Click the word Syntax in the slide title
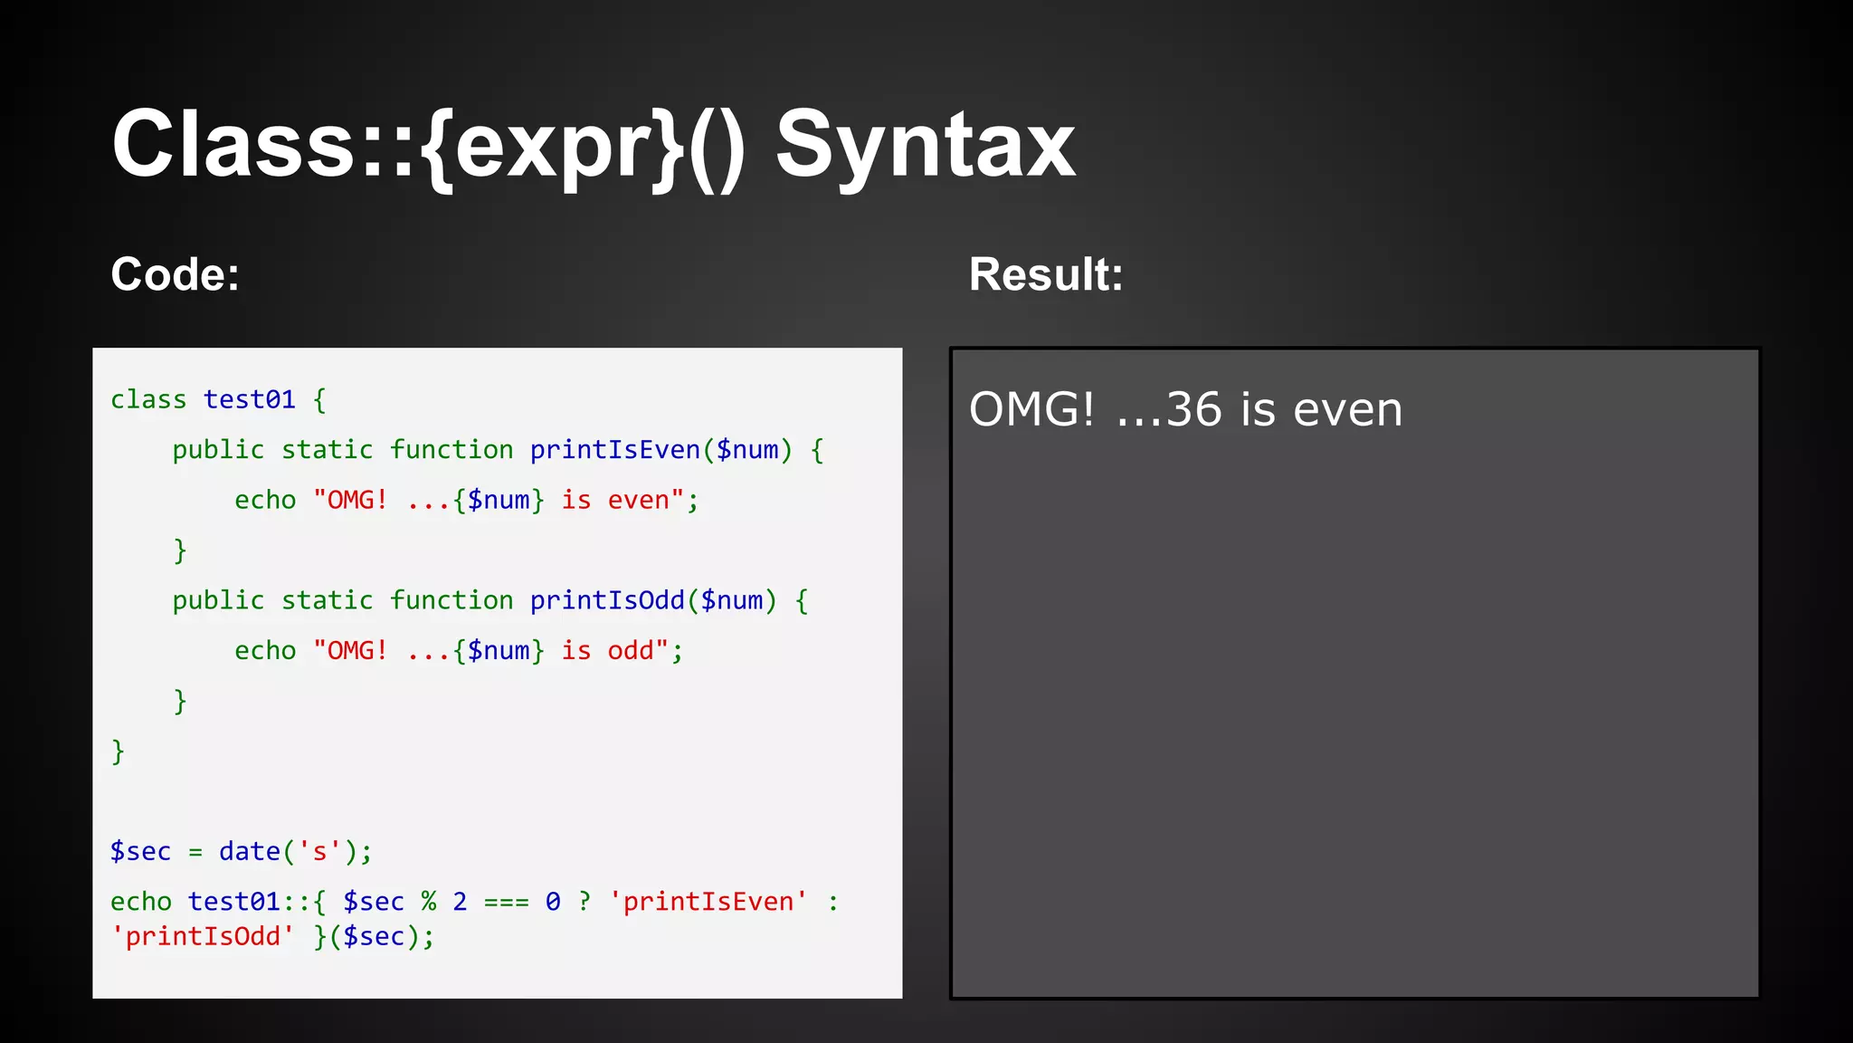pos(925,145)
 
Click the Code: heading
pos(175,274)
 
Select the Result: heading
pos(1046,274)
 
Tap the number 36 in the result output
pos(1193,409)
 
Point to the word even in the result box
pos(1347,409)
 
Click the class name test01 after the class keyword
pos(249,399)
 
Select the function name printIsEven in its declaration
pos(614,450)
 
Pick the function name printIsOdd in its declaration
pos(607,600)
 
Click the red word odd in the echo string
pos(630,651)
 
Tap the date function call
pos(249,852)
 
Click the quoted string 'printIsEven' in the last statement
pos(708,902)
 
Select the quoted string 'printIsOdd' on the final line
pos(202,936)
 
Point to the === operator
pos(506,903)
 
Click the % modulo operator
pos(428,902)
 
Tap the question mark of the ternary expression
pos(584,902)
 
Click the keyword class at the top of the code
pos(148,399)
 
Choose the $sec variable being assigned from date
pos(140,852)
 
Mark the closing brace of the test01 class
pos(118,751)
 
